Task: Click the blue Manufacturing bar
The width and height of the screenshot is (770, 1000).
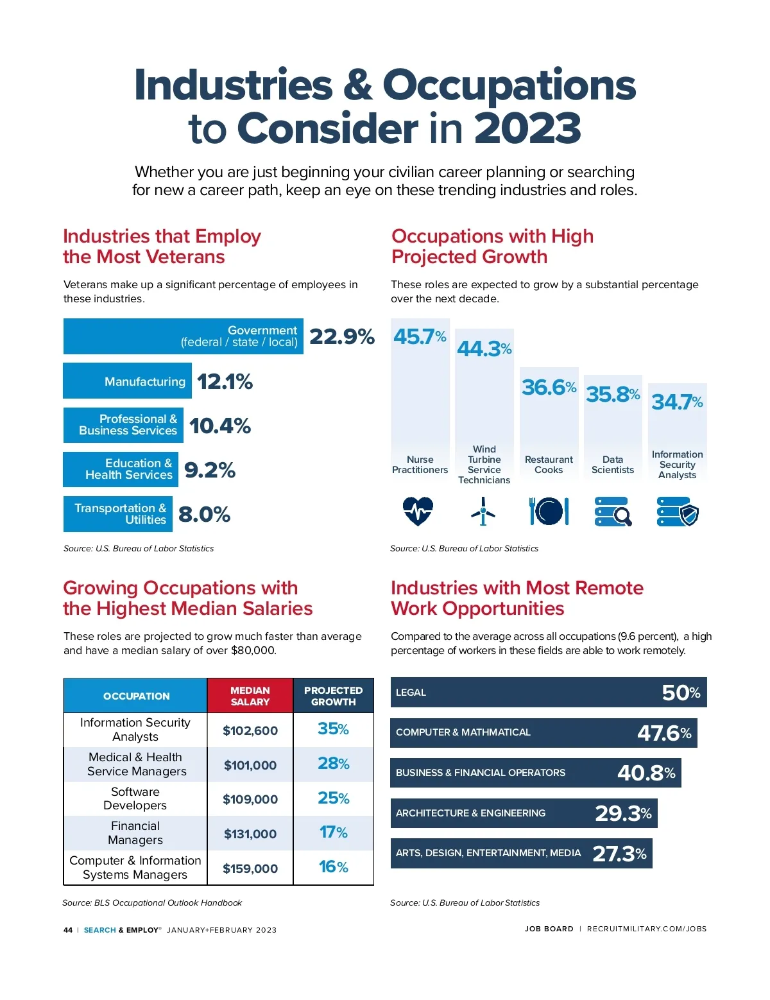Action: [x=127, y=381]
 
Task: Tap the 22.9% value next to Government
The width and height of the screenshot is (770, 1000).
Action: [x=341, y=336]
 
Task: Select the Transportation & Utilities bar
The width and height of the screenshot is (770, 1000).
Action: [x=118, y=514]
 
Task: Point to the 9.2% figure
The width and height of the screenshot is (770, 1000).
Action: [x=210, y=470]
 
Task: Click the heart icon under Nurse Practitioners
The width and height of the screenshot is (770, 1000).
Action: [x=418, y=512]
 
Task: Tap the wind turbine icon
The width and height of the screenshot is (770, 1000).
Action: [x=483, y=512]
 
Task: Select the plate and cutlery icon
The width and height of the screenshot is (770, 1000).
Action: [x=549, y=512]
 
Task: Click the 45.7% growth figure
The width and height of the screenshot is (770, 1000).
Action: [x=420, y=336]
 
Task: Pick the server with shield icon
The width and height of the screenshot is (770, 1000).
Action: [x=678, y=512]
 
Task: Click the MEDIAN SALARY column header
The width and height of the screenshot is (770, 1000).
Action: [x=250, y=696]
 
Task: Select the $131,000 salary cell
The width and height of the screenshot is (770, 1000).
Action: [x=250, y=834]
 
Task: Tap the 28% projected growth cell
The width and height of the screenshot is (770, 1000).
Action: [x=334, y=764]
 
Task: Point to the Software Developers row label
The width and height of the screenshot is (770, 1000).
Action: [x=135, y=798]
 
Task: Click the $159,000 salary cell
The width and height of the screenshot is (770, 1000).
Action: [x=250, y=868]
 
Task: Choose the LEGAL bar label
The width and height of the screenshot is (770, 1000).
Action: [x=411, y=693]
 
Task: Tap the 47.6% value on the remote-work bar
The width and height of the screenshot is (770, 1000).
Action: [x=664, y=733]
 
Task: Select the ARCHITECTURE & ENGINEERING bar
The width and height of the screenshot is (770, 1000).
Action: [x=524, y=813]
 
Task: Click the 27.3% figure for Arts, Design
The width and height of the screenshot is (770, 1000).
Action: [x=619, y=854]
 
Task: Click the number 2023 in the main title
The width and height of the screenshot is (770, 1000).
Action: [x=527, y=128]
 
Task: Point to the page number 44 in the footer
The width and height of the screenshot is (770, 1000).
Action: [x=68, y=930]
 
